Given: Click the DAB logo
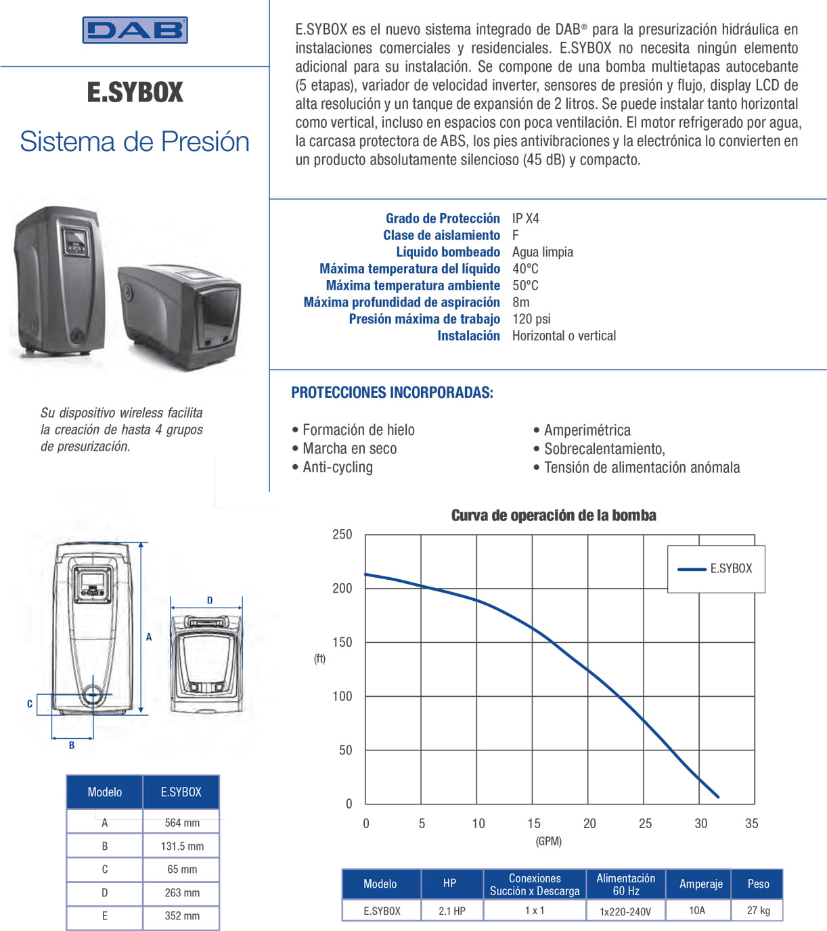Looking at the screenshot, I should pos(135,30).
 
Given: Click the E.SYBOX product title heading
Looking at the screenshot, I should pos(135,93).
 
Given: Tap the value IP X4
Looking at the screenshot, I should pos(525,219).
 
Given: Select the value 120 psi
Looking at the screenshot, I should pos(531,319).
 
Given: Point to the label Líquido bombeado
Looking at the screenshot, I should pos(448,252).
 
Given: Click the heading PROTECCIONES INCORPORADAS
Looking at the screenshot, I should pos(392,392).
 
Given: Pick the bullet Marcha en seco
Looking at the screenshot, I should pos(349,449).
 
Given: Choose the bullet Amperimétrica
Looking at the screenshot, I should pos(587,430).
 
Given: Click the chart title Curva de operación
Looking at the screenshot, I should pos(554,516).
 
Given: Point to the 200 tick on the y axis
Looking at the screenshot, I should pos(342,589).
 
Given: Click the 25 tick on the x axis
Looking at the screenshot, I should pos(645,823).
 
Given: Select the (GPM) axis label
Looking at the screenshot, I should pos(549,841).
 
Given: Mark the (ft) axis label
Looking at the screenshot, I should pos(319,658).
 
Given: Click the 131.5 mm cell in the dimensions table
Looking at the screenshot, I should pos(182,846).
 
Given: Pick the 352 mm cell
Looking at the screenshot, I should pos(182,916).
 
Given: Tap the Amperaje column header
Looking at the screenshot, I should pos(701,884).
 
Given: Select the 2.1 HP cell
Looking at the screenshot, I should pos(452,911).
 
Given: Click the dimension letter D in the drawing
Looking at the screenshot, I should pos(210,600).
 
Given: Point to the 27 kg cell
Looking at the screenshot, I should pos(758,911).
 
